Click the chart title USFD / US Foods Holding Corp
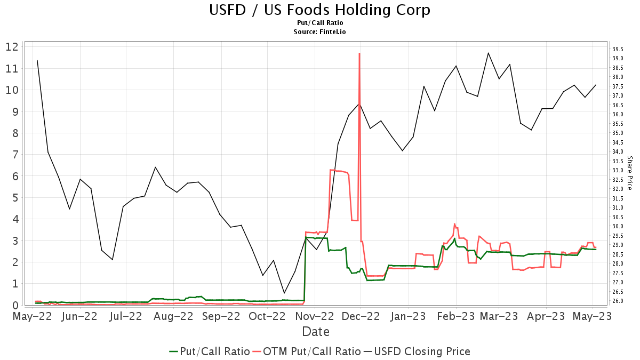[x=319, y=10]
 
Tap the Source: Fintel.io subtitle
[x=319, y=31]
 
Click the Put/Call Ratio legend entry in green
[x=209, y=351]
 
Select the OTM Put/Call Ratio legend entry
[x=306, y=351]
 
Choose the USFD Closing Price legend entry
[x=417, y=351]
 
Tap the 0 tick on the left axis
[x=14, y=305]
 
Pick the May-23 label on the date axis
[x=593, y=316]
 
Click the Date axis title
[x=316, y=332]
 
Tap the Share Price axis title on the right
[x=629, y=173]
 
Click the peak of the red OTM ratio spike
[x=359, y=53]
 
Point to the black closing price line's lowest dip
[x=284, y=293]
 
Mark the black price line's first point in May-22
[x=37, y=60]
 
